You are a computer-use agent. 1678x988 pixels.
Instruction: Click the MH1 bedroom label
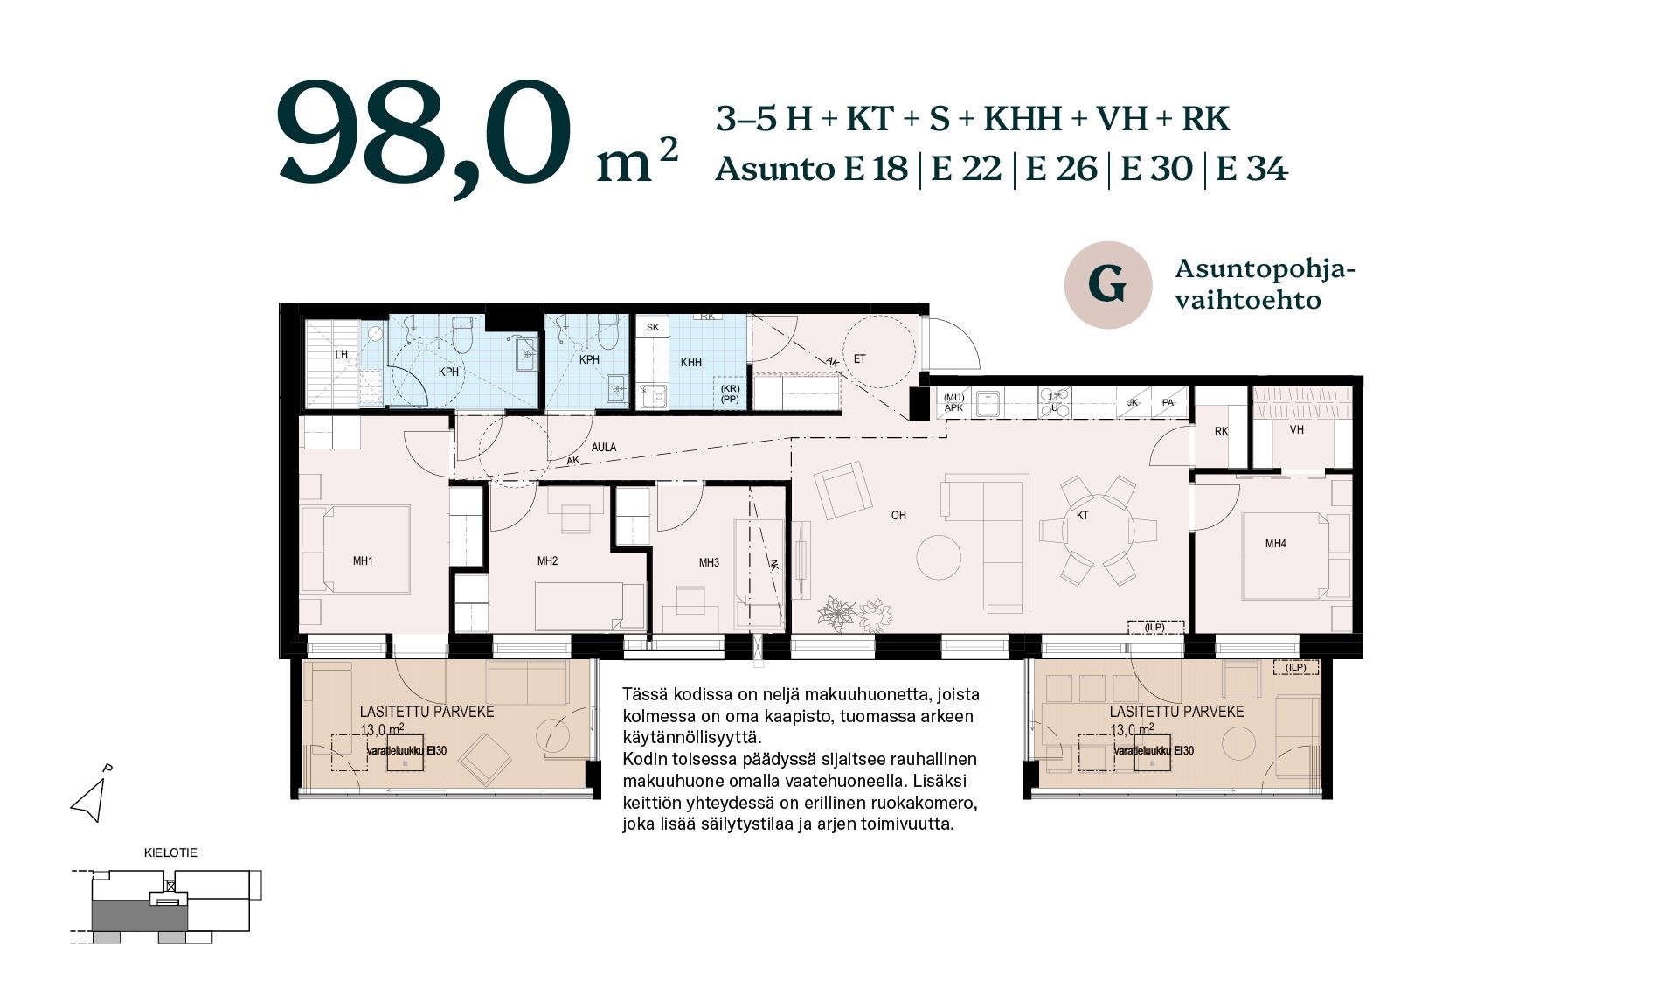coord(363,561)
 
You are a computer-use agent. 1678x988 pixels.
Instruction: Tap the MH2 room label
coord(547,561)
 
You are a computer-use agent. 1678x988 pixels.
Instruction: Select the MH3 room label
coord(709,563)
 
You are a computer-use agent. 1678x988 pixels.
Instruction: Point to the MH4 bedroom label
coord(1276,544)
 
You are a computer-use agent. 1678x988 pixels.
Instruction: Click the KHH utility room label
coord(691,363)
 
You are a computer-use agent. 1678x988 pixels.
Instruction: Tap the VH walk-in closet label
coord(1297,430)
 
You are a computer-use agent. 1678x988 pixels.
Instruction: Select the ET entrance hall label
coord(860,359)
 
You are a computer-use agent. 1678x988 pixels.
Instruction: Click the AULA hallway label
coord(604,448)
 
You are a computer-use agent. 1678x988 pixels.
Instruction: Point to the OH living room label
coord(898,516)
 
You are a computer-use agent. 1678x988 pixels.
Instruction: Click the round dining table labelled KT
coord(1099,530)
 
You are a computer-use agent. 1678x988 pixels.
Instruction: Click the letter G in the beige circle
coord(1107,285)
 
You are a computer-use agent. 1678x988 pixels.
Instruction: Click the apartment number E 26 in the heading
coord(1061,168)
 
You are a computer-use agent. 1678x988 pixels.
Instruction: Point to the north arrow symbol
coord(90,796)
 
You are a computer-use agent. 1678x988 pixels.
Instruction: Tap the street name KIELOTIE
coord(170,852)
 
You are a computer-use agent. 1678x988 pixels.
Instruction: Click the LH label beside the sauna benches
coord(342,355)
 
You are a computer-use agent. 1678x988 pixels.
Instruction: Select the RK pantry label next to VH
coord(1221,432)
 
